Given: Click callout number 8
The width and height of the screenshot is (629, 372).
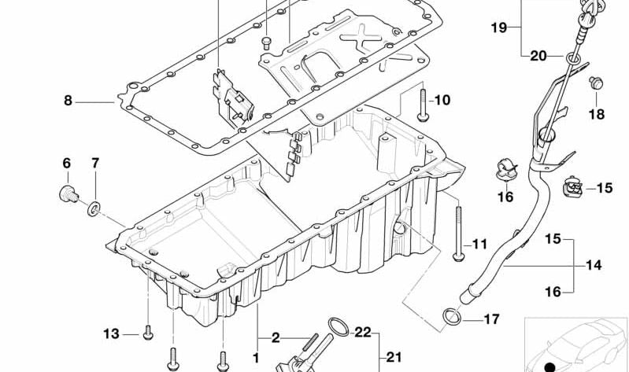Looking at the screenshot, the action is click(68, 100).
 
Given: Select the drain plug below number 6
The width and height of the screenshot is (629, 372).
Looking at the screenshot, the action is click(68, 193).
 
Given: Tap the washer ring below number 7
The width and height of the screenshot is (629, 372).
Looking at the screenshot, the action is click(94, 209).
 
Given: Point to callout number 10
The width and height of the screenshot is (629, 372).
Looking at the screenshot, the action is click(442, 100).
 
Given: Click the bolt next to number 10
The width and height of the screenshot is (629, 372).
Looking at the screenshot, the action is click(423, 105).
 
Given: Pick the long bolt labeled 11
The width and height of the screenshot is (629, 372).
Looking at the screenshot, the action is click(458, 234).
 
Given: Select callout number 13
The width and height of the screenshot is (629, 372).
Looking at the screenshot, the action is click(111, 333).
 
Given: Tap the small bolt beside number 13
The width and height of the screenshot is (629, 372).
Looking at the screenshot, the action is click(148, 333).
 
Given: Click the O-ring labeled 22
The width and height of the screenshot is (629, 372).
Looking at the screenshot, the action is click(339, 326).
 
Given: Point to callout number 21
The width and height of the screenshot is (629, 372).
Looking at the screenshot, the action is click(394, 357).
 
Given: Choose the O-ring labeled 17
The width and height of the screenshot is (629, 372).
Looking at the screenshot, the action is click(452, 316).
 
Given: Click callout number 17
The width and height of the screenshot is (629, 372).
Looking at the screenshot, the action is click(491, 319).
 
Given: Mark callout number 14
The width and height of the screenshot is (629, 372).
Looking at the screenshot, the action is click(594, 265).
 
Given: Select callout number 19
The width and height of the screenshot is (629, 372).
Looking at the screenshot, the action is click(499, 28).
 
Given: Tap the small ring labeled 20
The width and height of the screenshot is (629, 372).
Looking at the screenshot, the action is click(573, 58).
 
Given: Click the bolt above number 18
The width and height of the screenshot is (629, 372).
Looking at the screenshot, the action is click(597, 83).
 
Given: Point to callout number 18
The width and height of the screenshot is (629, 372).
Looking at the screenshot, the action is click(597, 115).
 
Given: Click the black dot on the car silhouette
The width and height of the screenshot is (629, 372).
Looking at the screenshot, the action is click(550, 367).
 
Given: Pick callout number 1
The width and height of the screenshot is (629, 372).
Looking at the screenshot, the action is click(256, 358).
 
